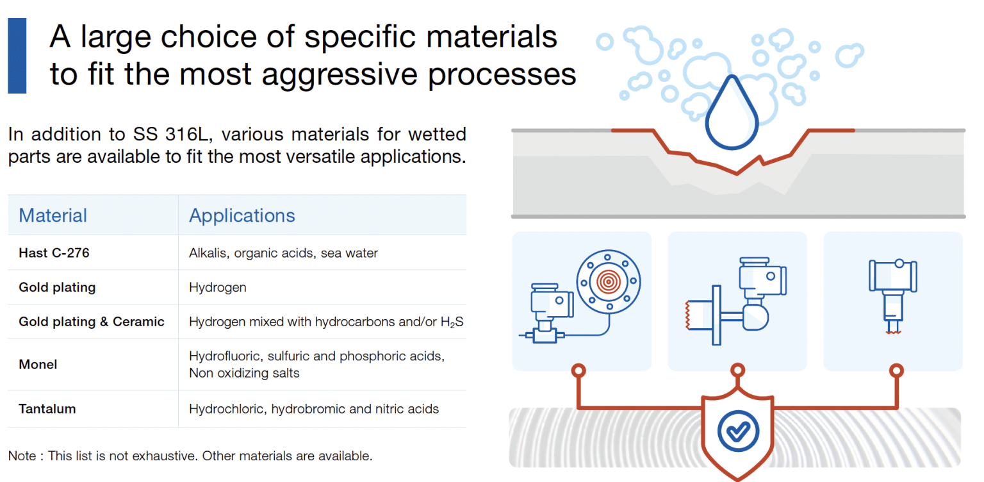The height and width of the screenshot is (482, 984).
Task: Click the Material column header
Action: [x=53, y=215]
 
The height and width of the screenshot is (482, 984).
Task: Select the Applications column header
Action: [x=242, y=215]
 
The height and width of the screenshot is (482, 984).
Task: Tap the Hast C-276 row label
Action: [x=54, y=253]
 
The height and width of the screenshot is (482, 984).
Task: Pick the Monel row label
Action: [x=38, y=365]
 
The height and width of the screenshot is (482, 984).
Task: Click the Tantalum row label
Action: [x=47, y=409]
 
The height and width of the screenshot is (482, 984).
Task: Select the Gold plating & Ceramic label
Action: [x=92, y=322]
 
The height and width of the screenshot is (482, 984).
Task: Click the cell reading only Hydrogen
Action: [x=217, y=287]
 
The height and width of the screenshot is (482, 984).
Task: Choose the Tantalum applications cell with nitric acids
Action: [x=314, y=409]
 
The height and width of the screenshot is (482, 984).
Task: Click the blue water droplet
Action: [x=732, y=113]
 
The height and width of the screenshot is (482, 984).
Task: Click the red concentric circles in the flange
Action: [x=608, y=279]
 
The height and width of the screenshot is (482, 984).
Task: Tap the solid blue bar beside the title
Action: [x=17, y=56]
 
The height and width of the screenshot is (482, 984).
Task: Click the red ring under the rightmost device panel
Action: [x=896, y=370]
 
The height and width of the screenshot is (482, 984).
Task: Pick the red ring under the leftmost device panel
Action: [x=578, y=370]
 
